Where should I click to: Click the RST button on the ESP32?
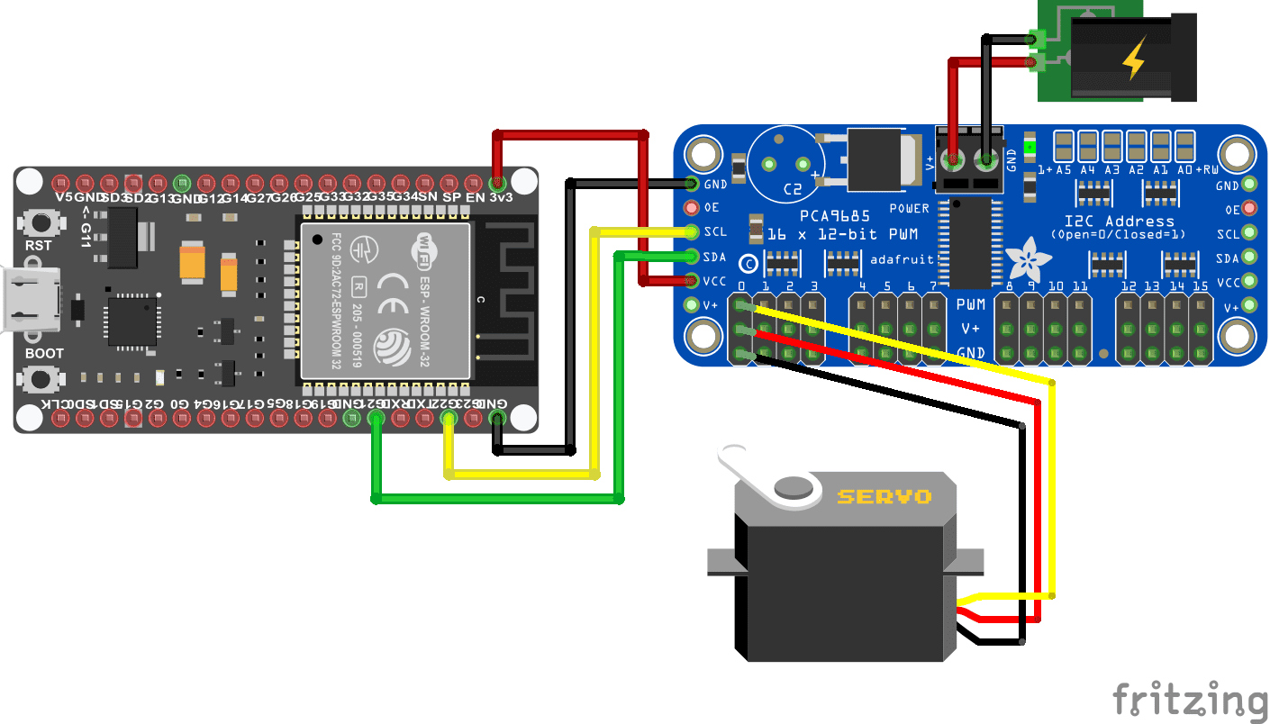click(38, 221)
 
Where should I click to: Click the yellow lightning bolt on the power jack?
click(1131, 59)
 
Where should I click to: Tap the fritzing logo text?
click(1189, 699)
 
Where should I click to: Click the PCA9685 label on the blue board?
click(835, 217)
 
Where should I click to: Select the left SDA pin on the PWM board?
click(692, 257)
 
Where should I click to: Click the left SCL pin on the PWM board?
click(692, 232)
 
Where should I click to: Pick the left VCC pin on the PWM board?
click(692, 280)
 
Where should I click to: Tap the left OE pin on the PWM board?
click(692, 208)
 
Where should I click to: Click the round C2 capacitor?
click(783, 162)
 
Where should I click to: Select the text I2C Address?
click(1118, 221)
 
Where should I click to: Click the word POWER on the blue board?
click(909, 208)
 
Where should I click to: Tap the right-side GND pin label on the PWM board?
click(1227, 186)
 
